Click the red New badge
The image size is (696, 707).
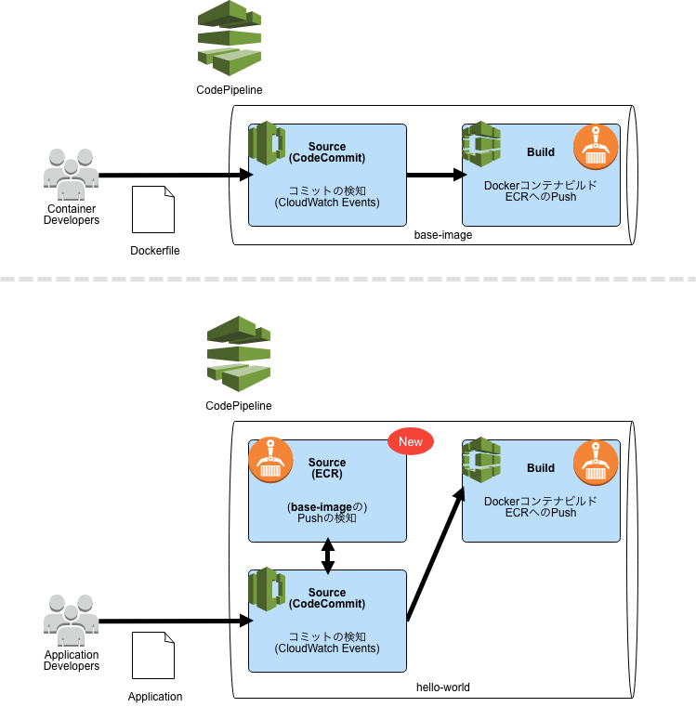pyautogui.click(x=410, y=442)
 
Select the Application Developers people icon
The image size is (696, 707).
pyautogui.click(x=71, y=621)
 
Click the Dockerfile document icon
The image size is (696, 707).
pyautogui.click(x=153, y=210)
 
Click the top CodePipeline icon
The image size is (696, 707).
pyautogui.click(x=229, y=40)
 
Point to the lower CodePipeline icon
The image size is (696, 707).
pyautogui.click(x=238, y=354)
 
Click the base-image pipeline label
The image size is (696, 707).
pyautogui.click(x=442, y=235)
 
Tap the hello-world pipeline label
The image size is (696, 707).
pyautogui.click(x=442, y=687)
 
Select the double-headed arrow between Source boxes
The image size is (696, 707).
pyautogui.click(x=327, y=556)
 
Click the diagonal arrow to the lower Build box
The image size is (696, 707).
pyautogui.click(x=435, y=554)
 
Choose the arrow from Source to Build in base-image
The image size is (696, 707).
pyautogui.click(x=435, y=175)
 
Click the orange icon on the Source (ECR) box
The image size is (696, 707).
pyautogui.click(x=270, y=460)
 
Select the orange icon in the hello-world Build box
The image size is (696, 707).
pyautogui.click(x=596, y=462)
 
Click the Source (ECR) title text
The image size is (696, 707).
pyautogui.click(x=327, y=468)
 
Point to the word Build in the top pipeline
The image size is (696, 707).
pyautogui.click(x=540, y=152)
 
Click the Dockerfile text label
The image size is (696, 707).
pyautogui.click(x=155, y=251)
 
